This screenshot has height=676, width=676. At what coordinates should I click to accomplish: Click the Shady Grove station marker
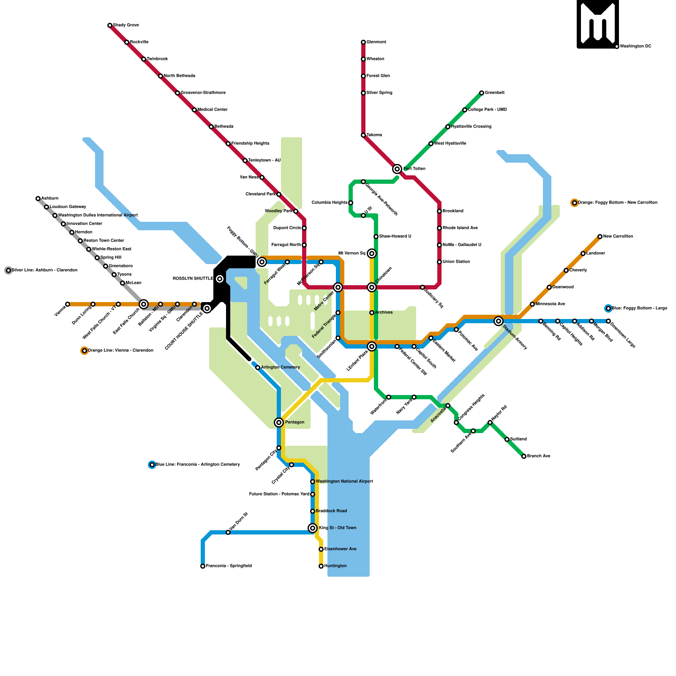[110, 25]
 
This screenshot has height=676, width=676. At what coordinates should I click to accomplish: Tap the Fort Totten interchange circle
[397, 169]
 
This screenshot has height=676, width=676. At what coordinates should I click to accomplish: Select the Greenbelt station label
[494, 93]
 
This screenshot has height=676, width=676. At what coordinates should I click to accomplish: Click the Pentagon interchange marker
[279, 422]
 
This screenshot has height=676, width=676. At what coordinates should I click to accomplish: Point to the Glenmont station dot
[363, 42]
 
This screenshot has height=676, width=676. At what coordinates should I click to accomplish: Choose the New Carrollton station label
[618, 237]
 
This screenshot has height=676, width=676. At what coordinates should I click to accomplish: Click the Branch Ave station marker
[524, 456]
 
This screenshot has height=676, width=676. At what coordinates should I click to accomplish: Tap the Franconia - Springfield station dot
[203, 566]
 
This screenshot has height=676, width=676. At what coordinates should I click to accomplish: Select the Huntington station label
[335, 566]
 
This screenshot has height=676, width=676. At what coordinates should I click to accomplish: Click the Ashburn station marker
[38, 199]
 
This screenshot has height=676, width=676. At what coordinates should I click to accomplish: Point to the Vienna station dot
[68, 304]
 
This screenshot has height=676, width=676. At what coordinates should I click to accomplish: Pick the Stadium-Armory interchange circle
[499, 321]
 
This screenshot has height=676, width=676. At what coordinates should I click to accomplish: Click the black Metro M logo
[597, 24]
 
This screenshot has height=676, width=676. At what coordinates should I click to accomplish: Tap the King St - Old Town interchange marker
[313, 528]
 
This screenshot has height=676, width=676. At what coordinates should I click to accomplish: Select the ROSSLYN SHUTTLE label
[193, 279]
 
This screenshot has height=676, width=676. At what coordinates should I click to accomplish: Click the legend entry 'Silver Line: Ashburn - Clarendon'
[44, 270]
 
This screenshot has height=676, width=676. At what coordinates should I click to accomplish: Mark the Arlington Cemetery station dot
[258, 368]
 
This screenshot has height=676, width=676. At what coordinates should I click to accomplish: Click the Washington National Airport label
[344, 482]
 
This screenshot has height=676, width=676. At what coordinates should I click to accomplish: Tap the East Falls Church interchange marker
[144, 304]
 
